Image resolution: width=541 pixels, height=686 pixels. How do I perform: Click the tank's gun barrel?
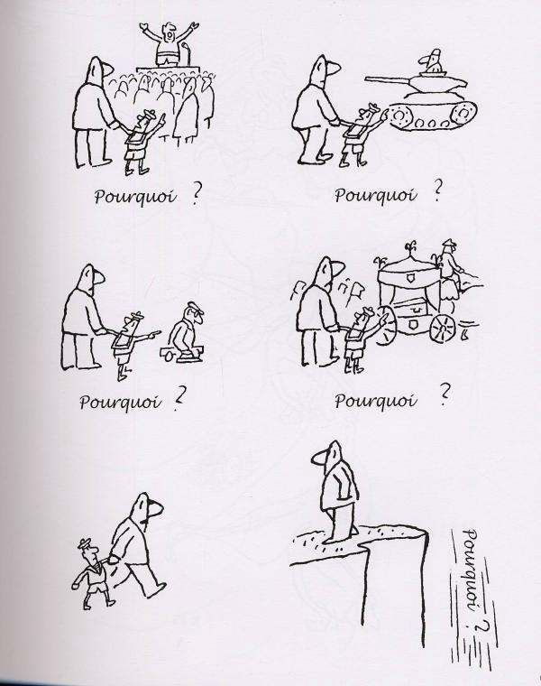coord(386,79)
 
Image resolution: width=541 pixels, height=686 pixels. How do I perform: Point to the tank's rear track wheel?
coord(463,115)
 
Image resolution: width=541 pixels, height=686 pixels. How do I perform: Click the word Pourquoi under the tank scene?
coord(375,195)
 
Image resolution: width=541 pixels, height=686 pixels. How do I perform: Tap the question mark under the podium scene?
coord(196,196)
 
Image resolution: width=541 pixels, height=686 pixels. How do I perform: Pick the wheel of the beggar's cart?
coord(167,356)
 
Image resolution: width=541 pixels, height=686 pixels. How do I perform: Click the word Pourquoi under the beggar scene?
coord(120,401)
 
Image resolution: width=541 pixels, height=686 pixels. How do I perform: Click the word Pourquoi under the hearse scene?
coord(374,400)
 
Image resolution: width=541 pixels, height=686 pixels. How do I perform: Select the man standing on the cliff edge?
coord(335,490)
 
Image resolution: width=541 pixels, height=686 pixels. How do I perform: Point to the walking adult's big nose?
coord(156,509)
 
